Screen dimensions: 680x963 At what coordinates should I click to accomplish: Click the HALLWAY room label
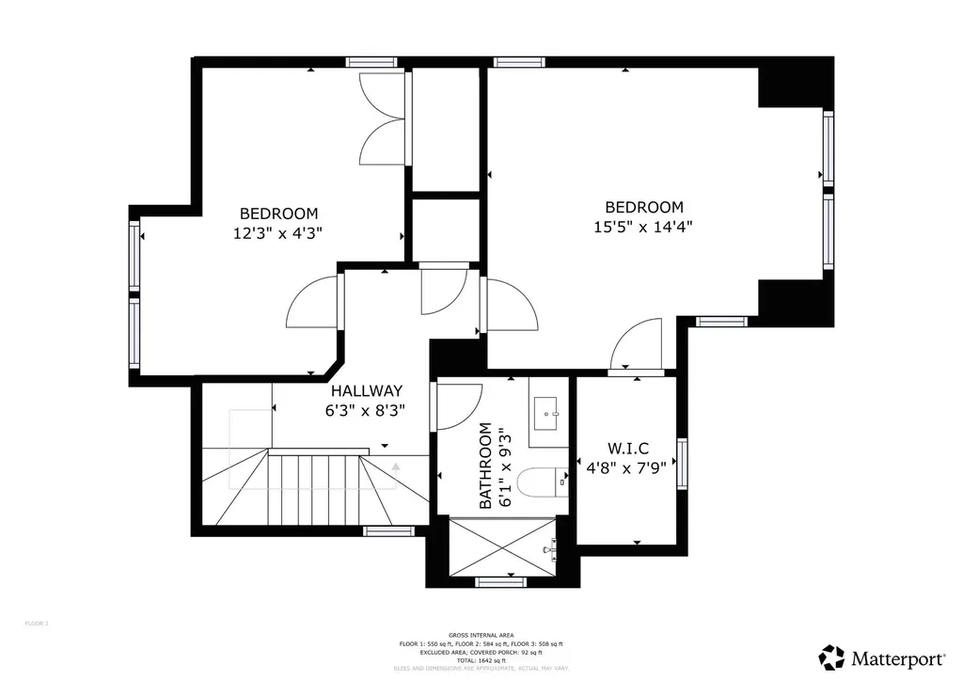pyautogui.click(x=366, y=390)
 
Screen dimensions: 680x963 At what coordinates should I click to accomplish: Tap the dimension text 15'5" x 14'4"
pyautogui.click(x=643, y=226)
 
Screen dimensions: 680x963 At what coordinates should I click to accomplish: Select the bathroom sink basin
pyautogui.click(x=547, y=410)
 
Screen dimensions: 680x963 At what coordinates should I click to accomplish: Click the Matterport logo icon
pyautogui.click(x=831, y=656)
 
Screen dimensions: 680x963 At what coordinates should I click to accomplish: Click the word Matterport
pyautogui.click(x=897, y=656)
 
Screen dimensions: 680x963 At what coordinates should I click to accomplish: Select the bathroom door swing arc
pyautogui.click(x=453, y=403)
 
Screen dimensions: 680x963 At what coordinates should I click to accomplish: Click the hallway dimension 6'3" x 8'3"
pyautogui.click(x=366, y=410)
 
